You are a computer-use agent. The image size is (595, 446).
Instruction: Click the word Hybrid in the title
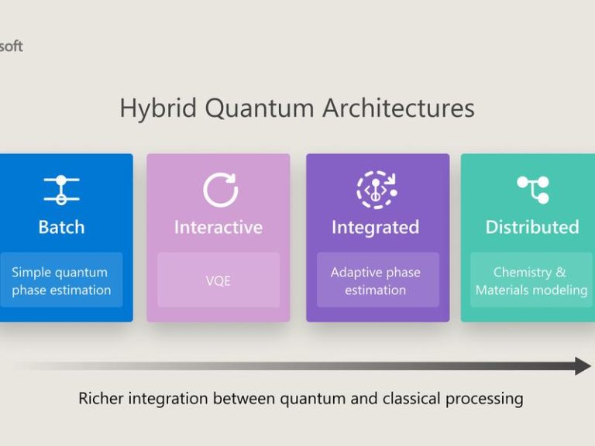pyautogui.click(x=158, y=109)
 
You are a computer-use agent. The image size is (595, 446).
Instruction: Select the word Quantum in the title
pyautogui.click(x=260, y=109)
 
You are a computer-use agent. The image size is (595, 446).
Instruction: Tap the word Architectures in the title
pyautogui.click(x=398, y=108)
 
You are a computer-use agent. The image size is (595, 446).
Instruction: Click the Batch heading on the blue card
pyautogui.click(x=61, y=227)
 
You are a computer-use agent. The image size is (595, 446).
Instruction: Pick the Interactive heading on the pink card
pyautogui.click(x=218, y=227)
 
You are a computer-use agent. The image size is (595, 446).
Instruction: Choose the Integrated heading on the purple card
pyautogui.click(x=375, y=228)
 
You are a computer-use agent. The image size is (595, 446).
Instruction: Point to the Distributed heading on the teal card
pyautogui.click(x=532, y=227)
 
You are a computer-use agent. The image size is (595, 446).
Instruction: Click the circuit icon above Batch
pyautogui.click(x=61, y=190)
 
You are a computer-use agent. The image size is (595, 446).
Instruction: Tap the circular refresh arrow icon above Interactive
pyautogui.click(x=220, y=190)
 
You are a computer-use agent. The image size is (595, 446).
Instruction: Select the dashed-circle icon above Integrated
pyautogui.click(x=377, y=190)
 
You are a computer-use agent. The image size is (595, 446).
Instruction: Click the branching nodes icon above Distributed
pyautogui.click(x=533, y=190)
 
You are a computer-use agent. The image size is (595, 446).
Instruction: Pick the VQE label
pyautogui.click(x=218, y=281)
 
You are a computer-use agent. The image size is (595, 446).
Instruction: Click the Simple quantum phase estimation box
pyautogui.click(x=61, y=280)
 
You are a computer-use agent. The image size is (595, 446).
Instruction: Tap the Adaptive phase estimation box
pyautogui.click(x=378, y=280)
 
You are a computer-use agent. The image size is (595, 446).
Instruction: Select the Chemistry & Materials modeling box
pyautogui.click(x=531, y=280)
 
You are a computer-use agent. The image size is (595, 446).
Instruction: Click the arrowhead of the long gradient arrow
pyautogui.click(x=583, y=366)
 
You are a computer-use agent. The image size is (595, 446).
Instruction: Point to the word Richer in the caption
pyautogui.click(x=101, y=399)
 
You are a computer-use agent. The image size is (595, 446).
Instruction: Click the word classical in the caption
pyautogui.click(x=411, y=399)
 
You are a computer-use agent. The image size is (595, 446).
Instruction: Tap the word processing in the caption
pyautogui.click(x=484, y=400)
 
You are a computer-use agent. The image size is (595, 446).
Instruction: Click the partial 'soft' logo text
pyautogui.click(x=11, y=46)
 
